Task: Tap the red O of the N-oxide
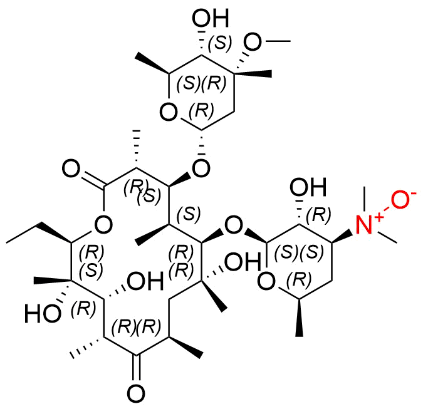pyautogui.click(x=400, y=200)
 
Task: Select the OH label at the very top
pyautogui.click(x=211, y=18)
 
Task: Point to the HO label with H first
pyautogui.click(x=43, y=314)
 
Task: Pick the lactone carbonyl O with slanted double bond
pyautogui.click(x=71, y=168)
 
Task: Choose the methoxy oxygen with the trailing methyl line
pyautogui.click(x=253, y=42)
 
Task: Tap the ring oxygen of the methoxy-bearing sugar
pyautogui.click(x=169, y=112)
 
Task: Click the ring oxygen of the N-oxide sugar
pyautogui.click(x=266, y=281)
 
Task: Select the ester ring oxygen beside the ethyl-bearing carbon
pyautogui.click(x=103, y=225)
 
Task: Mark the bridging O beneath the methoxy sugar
pyautogui.click(x=201, y=168)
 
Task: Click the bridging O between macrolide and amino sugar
pyautogui.click(x=234, y=225)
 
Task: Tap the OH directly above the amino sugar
pyautogui.click(x=308, y=187)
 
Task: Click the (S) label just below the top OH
pyautogui.click(x=220, y=43)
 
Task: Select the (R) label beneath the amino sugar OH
pyautogui.click(x=318, y=215)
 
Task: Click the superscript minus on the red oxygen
pyautogui.click(x=413, y=193)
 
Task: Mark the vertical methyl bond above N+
pyautogui.click(x=365, y=199)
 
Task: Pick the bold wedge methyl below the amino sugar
pyautogui.click(x=299, y=318)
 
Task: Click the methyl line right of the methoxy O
pyautogui.click(x=278, y=41)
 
